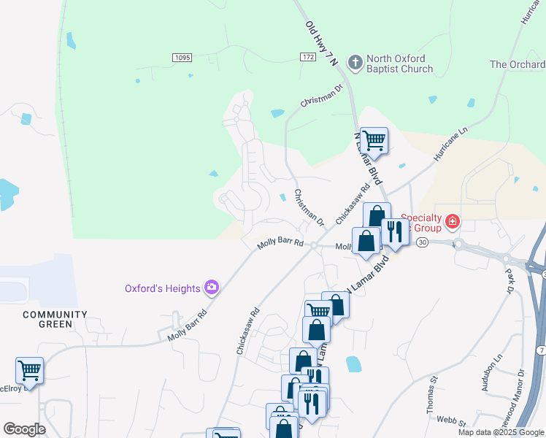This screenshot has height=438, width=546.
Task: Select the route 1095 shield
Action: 182,58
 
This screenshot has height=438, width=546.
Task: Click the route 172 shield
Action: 308,57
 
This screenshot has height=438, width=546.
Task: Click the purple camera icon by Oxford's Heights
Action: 212,288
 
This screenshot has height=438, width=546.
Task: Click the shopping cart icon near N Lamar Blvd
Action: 374,140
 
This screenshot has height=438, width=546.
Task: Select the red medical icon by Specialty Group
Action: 453,220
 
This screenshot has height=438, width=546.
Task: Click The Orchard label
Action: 518,64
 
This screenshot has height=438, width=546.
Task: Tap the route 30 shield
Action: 423,244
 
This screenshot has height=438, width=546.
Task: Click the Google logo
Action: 23,429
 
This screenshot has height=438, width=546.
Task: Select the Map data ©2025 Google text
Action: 501,432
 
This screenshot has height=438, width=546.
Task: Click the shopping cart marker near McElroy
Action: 29,370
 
